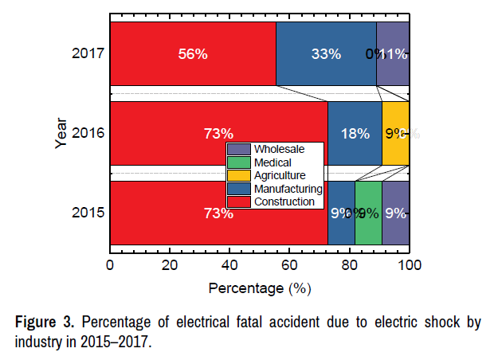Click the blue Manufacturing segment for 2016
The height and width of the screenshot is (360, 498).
click(355, 133)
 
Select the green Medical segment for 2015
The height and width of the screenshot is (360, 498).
click(368, 213)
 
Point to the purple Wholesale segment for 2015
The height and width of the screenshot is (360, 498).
click(396, 213)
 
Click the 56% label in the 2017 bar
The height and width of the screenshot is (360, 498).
click(192, 54)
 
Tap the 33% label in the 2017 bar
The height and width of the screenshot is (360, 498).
click(325, 54)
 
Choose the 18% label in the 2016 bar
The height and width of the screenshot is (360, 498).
click(355, 133)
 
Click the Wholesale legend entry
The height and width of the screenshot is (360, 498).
click(275, 149)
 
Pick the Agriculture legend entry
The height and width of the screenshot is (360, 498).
click(276, 175)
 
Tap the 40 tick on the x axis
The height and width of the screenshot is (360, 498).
click(229, 264)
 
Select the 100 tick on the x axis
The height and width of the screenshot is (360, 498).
click(409, 264)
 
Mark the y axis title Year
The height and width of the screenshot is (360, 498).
click(61, 133)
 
